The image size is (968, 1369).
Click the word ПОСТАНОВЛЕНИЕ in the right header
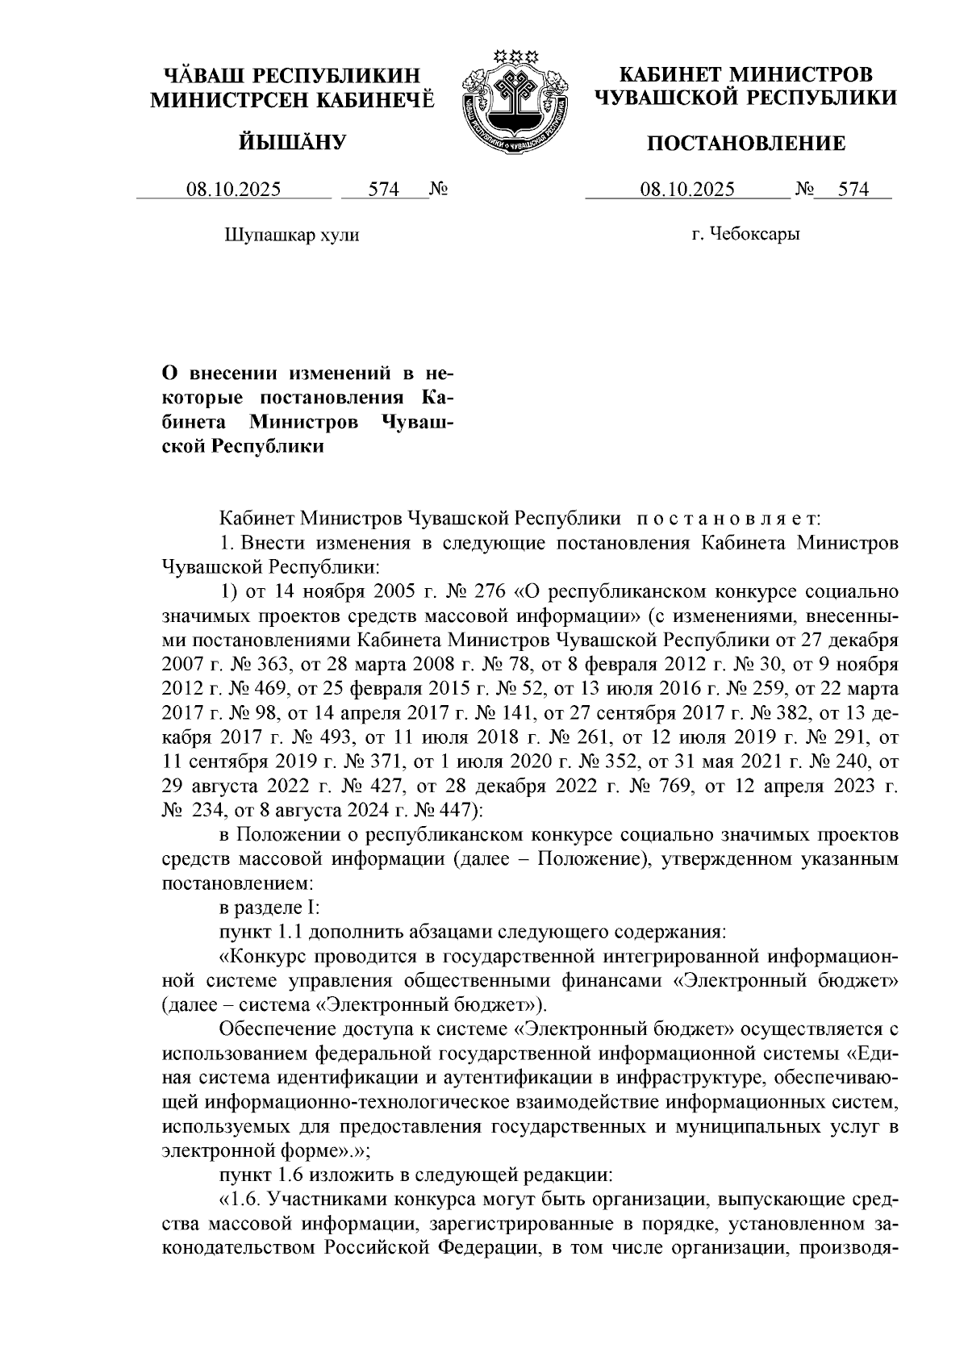(747, 144)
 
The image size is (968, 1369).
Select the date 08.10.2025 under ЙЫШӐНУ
(234, 190)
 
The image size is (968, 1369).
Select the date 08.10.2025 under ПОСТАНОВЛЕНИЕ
(687, 190)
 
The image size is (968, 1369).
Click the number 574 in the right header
(853, 190)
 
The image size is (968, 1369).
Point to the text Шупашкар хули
(290, 236)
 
